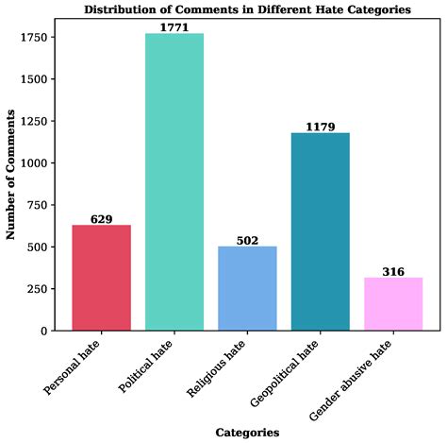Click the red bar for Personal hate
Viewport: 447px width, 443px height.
(x=102, y=278)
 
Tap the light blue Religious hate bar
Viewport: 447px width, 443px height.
(x=247, y=288)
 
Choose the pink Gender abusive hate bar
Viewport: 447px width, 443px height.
(x=393, y=304)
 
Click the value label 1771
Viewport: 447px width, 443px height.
(x=174, y=27)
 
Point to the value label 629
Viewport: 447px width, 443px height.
(x=102, y=219)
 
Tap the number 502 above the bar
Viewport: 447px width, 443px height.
(x=247, y=241)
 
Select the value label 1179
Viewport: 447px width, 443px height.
(x=321, y=127)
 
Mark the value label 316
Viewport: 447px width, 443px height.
(x=393, y=272)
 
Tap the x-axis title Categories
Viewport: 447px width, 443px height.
(x=247, y=433)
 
